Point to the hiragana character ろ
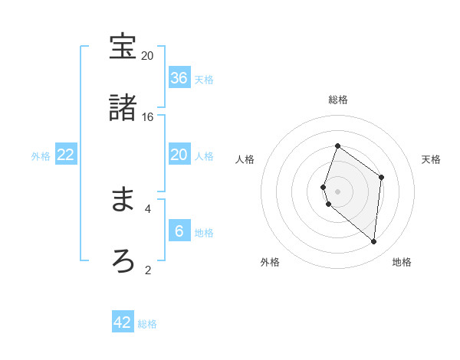click(123, 260)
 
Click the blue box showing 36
click(179, 78)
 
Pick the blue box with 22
click(66, 155)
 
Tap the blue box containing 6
click(179, 231)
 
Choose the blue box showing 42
click(123, 322)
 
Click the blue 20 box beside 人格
click(179, 155)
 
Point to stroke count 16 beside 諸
click(148, 116)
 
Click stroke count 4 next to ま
click(148, 208)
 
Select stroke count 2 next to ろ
click(148, 269)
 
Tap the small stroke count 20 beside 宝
click(148, 56)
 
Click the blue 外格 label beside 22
click(41, 155)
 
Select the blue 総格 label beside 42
click(147, 324)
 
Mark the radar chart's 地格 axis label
click(402, 263)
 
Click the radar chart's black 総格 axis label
click(338, 100)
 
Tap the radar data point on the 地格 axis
click(374, 241)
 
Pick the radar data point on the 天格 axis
click(382, 177)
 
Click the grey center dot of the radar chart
click(338, 191)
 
